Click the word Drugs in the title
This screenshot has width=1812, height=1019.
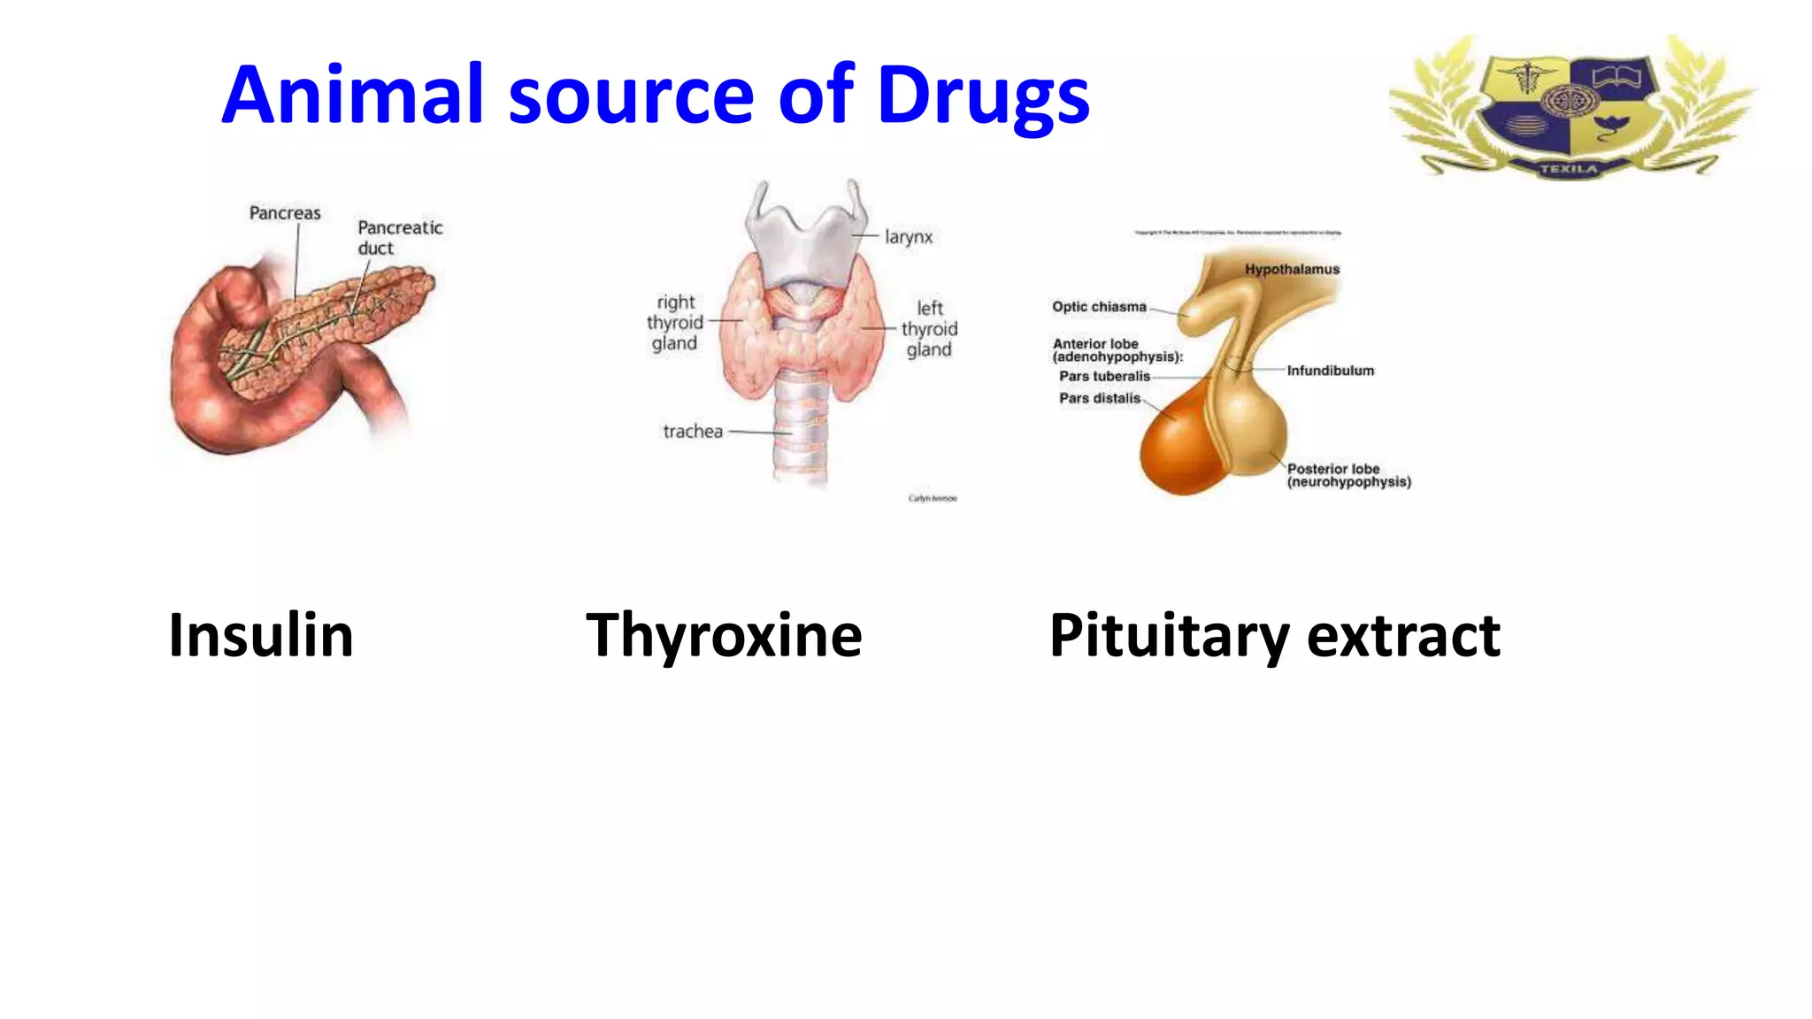point(983,96)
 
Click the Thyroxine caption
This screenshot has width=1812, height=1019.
point(724,637)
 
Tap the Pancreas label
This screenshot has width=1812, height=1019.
point(285,213)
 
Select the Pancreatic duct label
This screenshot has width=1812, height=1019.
point(399,237)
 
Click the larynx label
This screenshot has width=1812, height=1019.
point(909,237)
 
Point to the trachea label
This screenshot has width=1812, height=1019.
point(693,432)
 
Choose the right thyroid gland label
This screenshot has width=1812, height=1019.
point(675,323)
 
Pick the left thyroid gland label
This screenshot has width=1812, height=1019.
point(929,329)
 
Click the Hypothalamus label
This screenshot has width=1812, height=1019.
point(1292,269)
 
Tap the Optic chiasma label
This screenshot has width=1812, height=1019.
point(1099,307)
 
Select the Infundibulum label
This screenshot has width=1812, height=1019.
point(1330,371)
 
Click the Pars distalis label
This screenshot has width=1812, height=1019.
point(1100,398)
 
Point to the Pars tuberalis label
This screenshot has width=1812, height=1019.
point(1104,376)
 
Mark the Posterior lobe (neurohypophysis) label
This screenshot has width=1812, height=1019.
point(1348,475)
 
